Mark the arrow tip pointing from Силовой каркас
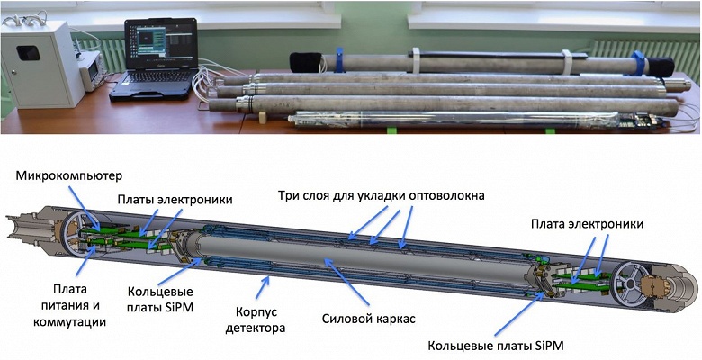(326, 258)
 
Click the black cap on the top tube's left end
(304, 61)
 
